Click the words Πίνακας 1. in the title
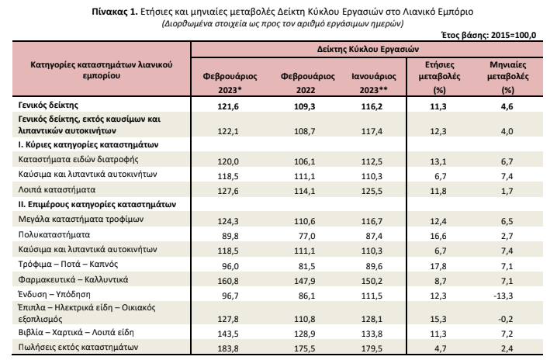pyautogui.click(x=114, y=12)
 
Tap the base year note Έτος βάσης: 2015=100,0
pyautogui.click(x=489, y=35)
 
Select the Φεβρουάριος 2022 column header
pyautogui.click(x=308, y=83)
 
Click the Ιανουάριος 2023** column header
pyautogui.click(x=374, y=83)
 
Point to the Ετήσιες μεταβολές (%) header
pyautogui.click(x=439, y=77)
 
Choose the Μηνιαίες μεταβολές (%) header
pyautogui.click(x=508, y=77)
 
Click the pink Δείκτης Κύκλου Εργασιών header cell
pyautogui.click(x=368, y=49)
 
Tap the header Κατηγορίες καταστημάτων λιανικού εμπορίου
pyautogui.click(x=102, y=70)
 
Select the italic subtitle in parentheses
pyautogui.click(x=282, y=24)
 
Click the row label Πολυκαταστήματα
pyautogui.click(x=54, y=234)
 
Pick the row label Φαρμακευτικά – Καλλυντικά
pyautogui.click(x=73, y=279)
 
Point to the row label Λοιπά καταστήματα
pyautogui.click(x=57, y=190)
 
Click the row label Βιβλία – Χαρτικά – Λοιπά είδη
pyautogui.click(x=76, y=333)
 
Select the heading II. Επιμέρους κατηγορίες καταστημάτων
pyautogui.click(x=97, y=205)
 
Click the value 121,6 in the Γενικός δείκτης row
pyautogui.click(x=228, y=106)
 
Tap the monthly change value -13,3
pyautogui.click(x=503, y=296)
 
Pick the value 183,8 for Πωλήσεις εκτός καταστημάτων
pyautogui.click(x=228, y=348)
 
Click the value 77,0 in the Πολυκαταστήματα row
pyautogui.click(x=307, y=236)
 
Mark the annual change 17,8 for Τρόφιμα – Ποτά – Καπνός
pyautogui.click(x=438, y=266)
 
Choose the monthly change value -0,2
pyautogui.click(x=506, y=319)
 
